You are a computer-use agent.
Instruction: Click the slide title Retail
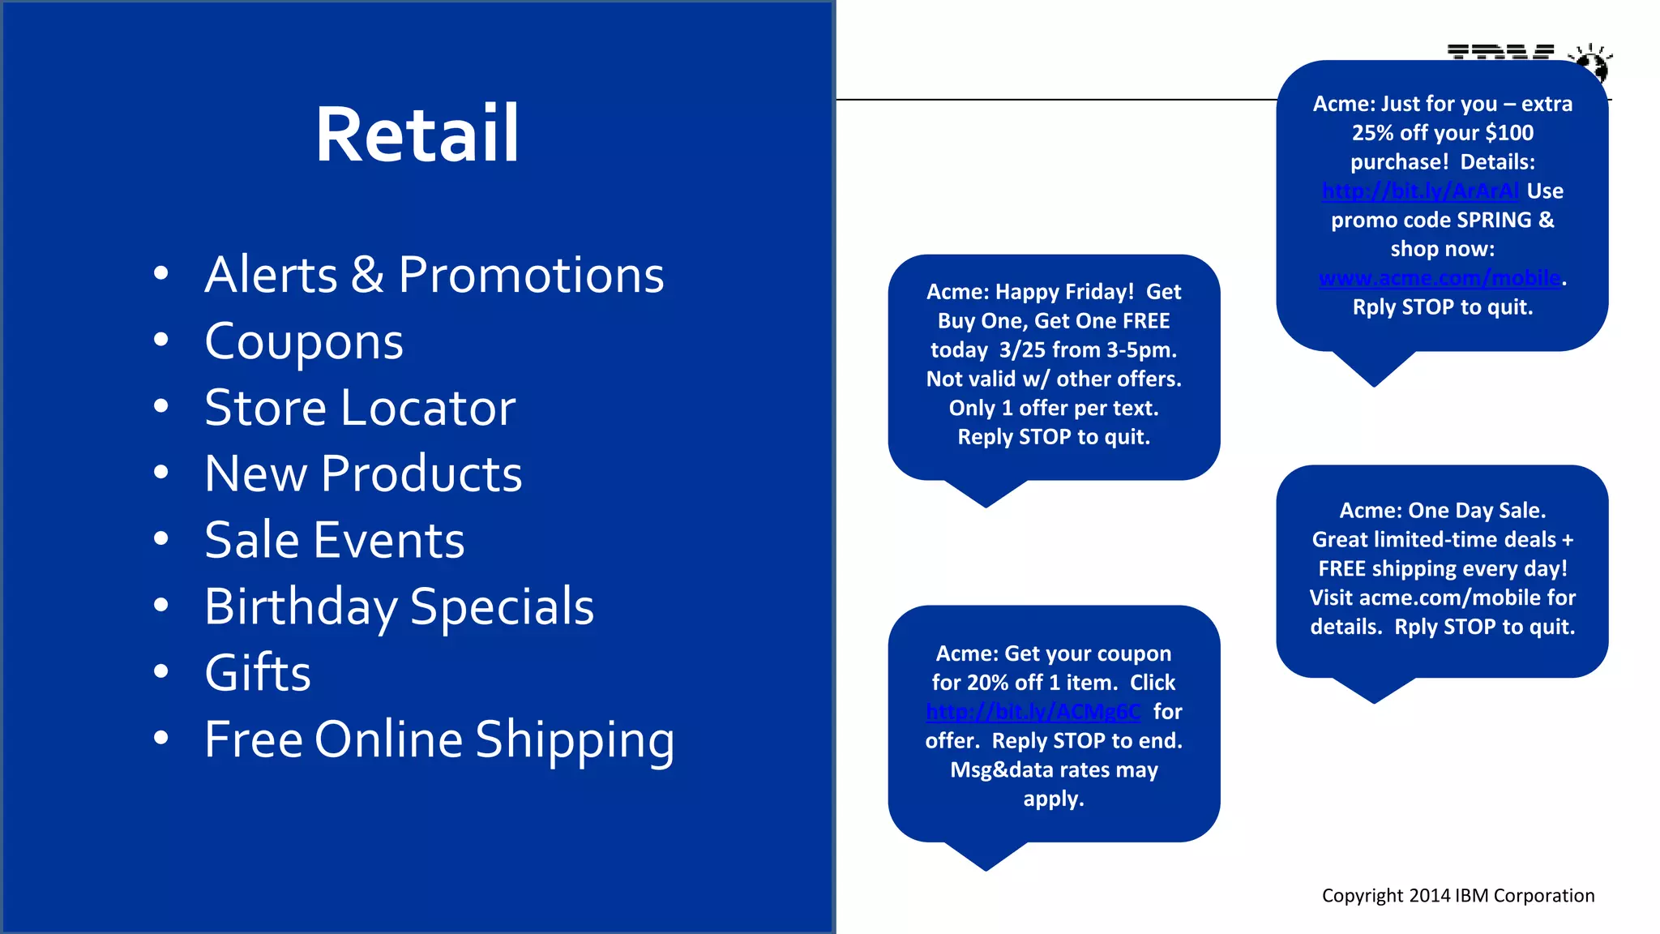pyautogui.click(x=417, y=135)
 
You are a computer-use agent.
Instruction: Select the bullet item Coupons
pyautogui.click(x=304, y=341)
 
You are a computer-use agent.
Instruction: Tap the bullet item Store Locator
pyautogui.click(x=360, y=408)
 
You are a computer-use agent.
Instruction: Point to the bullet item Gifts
pyautogui.click(x=258, y=673)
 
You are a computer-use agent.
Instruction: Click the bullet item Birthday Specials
pyautogui.click(x=399, y=606)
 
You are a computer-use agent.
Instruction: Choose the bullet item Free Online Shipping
pyautogui.click(x=439, y=739)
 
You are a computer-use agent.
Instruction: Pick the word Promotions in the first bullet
pyautogui.click(x=531, y=275)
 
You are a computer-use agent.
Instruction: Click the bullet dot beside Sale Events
pyautogui.click(x=161, y=538)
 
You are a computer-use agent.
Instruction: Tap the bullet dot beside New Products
pyautogui.click(x=161, y=472)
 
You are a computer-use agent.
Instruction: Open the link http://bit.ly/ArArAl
pyautogui.click(x=1420, y=191)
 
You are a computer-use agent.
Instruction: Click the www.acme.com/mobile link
pyautogui.click(x=1440, y=278)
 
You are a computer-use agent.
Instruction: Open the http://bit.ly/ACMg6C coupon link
pyautogui.click(x=1033, y=712)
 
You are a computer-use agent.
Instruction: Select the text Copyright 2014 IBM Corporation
pyautogui.click(x=1457, y=895)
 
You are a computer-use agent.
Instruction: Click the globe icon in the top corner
pyautogui.click(x=1591, y=62)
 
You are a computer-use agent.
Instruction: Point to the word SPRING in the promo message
pyautogui.click(x=1494, y=221)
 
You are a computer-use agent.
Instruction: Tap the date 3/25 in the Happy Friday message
pyautogui.click(x=1022, y=350)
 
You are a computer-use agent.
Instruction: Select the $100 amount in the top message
pyautogui.click(x=1509, y=133)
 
